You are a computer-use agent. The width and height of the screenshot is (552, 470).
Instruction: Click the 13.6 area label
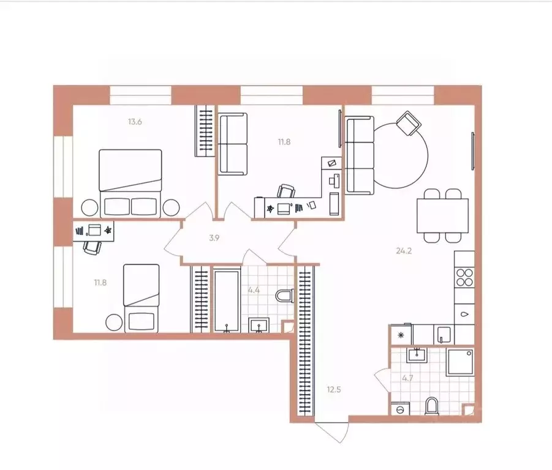135,122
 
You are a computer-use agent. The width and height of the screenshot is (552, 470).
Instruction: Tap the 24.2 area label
404,251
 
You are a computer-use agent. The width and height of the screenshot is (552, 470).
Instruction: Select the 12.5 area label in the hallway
334,389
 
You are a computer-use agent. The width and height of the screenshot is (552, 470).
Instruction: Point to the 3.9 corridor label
214,238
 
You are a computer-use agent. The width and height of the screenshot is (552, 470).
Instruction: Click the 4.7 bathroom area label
407,379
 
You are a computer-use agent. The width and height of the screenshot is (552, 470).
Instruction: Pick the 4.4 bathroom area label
254,290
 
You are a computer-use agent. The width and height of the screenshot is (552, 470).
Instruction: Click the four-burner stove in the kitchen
464,277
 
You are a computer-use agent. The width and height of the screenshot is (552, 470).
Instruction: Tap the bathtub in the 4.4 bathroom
227,300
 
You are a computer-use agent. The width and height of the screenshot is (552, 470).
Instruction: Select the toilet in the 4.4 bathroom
285,296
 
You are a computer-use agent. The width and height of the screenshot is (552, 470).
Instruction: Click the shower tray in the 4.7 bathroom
460,362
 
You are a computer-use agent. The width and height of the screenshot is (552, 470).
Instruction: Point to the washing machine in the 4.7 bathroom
400,409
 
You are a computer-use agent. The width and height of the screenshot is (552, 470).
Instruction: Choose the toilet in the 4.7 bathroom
431,406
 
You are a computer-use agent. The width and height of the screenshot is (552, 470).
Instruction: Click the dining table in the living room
442,215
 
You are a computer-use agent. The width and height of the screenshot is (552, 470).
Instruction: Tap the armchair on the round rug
409,123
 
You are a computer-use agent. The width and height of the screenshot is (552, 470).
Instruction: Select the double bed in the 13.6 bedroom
130,184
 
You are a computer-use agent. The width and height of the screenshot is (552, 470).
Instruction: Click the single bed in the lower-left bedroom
141,298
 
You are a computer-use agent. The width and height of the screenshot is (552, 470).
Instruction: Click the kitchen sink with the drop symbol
464,315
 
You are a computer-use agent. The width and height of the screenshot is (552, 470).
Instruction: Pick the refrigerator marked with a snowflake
401,335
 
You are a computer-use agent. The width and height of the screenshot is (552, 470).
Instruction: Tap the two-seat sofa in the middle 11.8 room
233,144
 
